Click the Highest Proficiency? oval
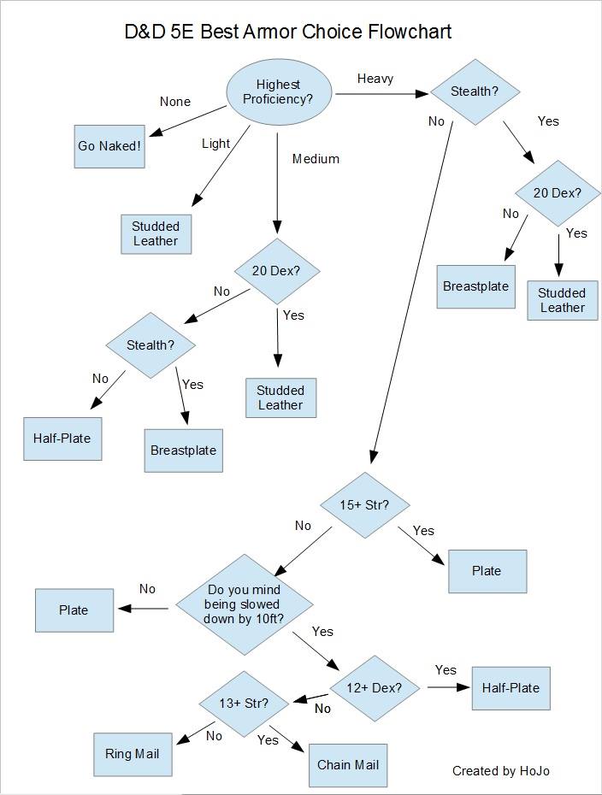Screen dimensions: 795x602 pyautogui.click(x=278, y=91)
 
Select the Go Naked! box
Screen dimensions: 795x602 pyautogui.click(x=109, y=146)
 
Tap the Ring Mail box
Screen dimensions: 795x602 pyautogui.click(x=133, y=754)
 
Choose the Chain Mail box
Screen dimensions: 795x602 pyautogui.click(x=348, y=764)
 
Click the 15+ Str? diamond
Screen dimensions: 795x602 pyautogui.click(x=364, y=505)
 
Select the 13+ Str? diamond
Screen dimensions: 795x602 pyautogui.click(x=244, y=704)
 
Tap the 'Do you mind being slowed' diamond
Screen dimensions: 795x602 pyautogui.click(x=245, y=604)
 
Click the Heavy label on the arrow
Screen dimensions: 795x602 pyautogui.click(x=375, y=79)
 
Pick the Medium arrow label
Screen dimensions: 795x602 pyautogui.click(x=316, y=159)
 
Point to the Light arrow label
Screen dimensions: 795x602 pyautogui.click(x=215, y=144)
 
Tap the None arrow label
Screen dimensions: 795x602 pyautogui.click(x=175, y=102)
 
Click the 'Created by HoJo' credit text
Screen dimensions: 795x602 pyautogui.click(x=501, y=771)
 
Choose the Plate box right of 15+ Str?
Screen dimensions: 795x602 pyautogui.click(x=487, y=571)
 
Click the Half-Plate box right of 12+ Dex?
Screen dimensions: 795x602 pyautogui.click(x=511, y=688)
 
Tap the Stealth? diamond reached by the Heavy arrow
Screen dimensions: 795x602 pyautogui.click(x=475, y=91)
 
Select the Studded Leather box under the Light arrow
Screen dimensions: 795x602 pyautogui.click(x=156, y=233)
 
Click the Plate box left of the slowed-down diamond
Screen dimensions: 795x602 pyautogui.click(x=74, y=610)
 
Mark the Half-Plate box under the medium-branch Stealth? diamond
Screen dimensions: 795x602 pyautogui.click(x=62, y=439)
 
